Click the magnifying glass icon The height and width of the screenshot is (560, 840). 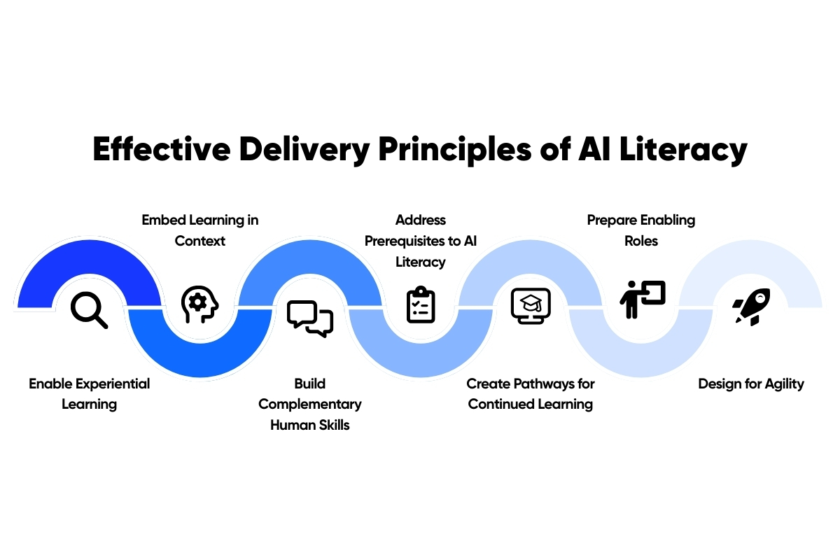coord(90,310)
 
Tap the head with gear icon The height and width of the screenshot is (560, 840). coord(199,304)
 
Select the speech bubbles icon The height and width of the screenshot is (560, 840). coord(310,318)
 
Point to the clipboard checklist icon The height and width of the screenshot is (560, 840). coord(421,304)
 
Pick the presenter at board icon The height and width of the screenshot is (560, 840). coord(642,300)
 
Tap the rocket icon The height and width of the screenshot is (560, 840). coord(752,306)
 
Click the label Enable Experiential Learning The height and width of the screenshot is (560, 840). coord(90,393)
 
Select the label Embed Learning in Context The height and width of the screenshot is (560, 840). coord(200,230)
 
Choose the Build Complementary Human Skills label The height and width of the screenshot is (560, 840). coord(310,404)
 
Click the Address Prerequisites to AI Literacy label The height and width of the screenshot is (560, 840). coord(421,241)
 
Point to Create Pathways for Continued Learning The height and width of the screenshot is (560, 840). coord(531,393)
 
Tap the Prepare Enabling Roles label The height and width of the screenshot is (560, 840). coord(641,230)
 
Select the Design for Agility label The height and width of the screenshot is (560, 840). coord(751,384)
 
